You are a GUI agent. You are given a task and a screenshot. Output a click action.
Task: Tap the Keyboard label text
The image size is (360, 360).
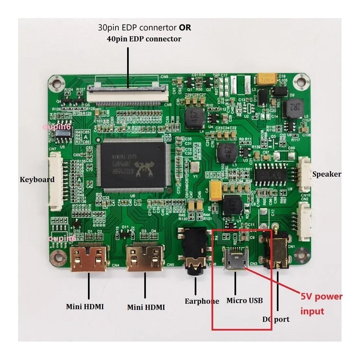[x=37, y=180]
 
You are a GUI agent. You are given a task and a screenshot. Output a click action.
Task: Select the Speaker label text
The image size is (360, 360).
[x=327, y=174]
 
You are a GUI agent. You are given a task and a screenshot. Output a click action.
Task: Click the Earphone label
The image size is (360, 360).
[x=202, y=301]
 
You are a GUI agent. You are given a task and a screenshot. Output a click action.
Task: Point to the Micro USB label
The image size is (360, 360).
[x=245, y=300]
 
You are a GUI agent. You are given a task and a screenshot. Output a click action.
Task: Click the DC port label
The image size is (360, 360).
[x=276, y=319]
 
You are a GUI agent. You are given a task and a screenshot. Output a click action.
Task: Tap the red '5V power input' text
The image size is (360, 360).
[x=321, y=304]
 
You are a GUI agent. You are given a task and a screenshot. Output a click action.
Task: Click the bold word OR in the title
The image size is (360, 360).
[x=185, y=28]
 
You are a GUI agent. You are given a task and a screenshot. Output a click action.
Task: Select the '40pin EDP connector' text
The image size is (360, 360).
[x=144, y=39]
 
